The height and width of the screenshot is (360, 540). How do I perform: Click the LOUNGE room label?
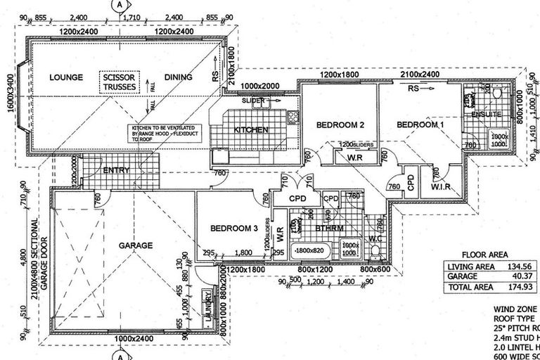point(67,77)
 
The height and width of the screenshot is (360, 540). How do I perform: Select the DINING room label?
point(177,77)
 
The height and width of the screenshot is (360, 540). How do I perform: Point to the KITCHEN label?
point(251,130)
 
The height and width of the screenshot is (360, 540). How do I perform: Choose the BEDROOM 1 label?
point(420,124)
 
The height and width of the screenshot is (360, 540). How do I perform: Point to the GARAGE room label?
point(136,245)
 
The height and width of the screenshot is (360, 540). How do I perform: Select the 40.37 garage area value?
point(520,277)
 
